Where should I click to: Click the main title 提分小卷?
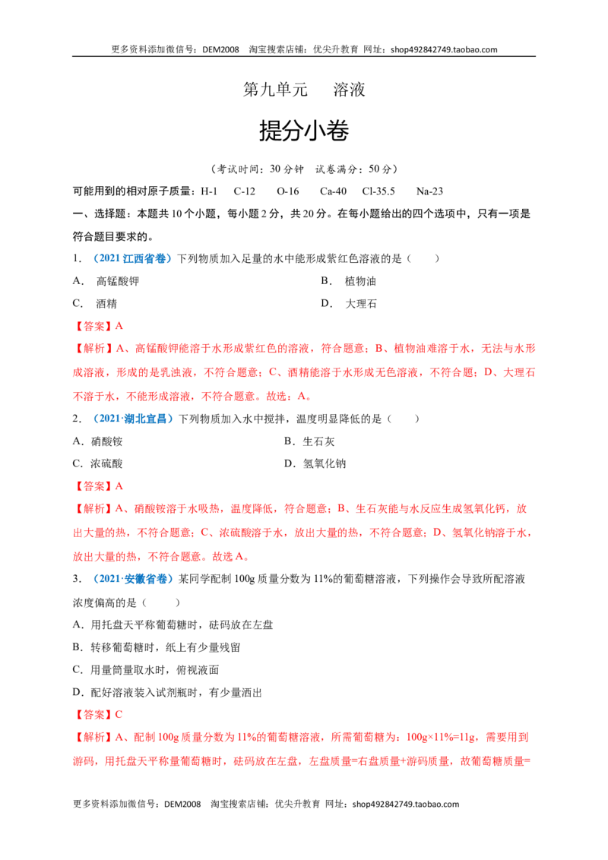pos(304,131)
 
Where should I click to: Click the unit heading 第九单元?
pos(275,90)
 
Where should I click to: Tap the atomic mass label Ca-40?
pos(333,191)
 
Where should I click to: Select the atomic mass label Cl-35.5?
pos(378,191)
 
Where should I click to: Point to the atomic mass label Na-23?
pos(429,191)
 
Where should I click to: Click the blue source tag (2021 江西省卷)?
pos(132,258)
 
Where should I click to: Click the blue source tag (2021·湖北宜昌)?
pos(133,419)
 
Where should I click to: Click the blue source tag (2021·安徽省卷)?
pos(133,579)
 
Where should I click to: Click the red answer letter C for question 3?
pos(119,715)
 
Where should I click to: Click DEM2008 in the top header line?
pos(220,49)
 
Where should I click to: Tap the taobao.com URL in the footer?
pos(406,804)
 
